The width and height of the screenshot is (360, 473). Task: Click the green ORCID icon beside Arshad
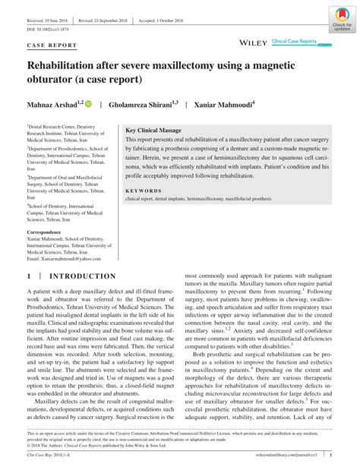(x=88, y=102)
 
